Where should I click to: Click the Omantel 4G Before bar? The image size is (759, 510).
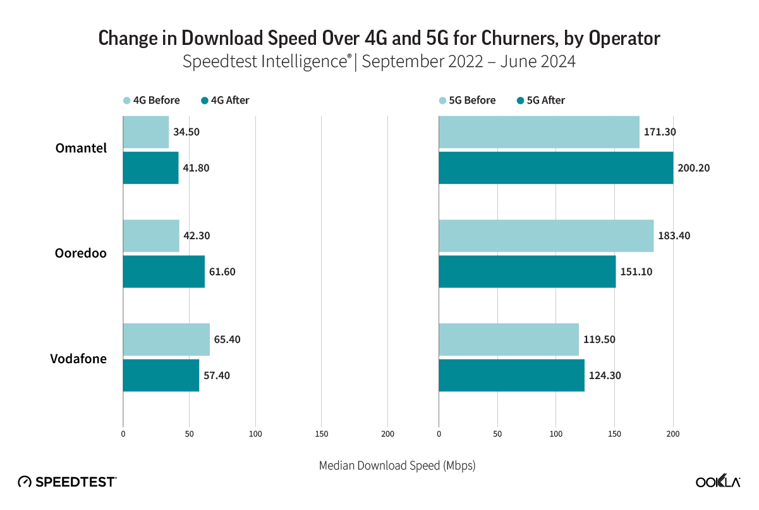pyautogui.click(x=146, y=132)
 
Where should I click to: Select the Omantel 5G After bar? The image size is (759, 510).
pyautogui.click(x=556, y=168)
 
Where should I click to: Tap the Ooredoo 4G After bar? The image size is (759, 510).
pyautogui.click(x=164, y=271)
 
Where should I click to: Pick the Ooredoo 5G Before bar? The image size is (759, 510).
pyautogui.click(x=546, y=236)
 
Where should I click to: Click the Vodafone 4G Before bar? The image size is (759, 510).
pyautogui.click(x=166, y=339)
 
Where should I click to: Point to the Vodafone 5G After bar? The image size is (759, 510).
pyautogui.click(x=511, y=375)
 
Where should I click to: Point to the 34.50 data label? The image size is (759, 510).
pyautogui.click(x=188, y=132)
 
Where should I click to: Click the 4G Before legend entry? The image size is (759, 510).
pyautogui.click(x=152, y=100)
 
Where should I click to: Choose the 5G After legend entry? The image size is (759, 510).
pyautogui.click(x=541, y=100)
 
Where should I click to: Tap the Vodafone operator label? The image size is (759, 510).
pyautogui.click(x=78, y=359)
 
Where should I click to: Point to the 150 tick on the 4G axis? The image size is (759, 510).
pyautogui.click(x=321, y=434)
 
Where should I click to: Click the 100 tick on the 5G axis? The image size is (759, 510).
pyautogui.click(x=556, y=434)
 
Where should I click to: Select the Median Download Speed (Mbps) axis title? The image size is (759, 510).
pyautogui.click(x=397, y=466)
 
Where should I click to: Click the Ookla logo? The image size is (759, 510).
pyautogui.click(x=719, y=482)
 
